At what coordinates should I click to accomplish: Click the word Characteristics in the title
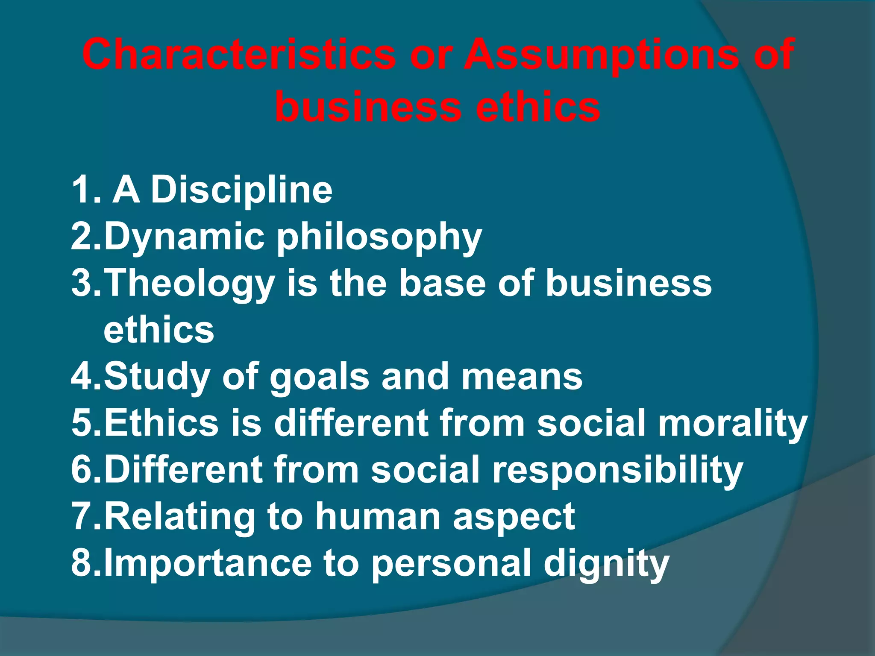tap(239, 55)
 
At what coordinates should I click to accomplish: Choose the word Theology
tap(190, 284)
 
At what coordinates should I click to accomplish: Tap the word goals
tap(320, 376)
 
